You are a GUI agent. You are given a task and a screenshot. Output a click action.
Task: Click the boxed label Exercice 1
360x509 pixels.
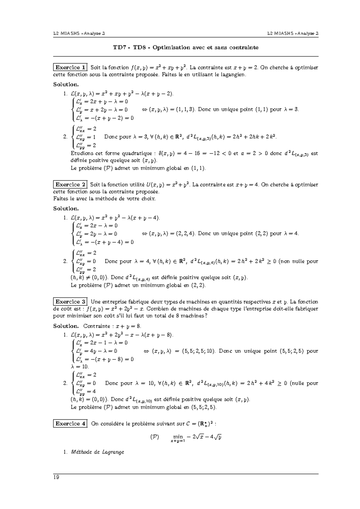coord(70,67)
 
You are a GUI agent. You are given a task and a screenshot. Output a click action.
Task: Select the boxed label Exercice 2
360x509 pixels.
coord(70,185)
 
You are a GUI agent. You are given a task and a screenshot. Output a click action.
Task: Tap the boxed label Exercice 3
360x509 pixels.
coord(70,302)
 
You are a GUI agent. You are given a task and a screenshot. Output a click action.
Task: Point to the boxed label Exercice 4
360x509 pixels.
coord(70,424)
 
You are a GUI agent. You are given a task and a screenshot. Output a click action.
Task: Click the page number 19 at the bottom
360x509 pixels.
coord(56,478)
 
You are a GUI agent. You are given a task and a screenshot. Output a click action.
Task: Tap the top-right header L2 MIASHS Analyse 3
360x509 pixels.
coord(293,34)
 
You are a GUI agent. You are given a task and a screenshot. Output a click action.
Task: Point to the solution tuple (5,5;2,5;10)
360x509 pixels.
coord(198,351)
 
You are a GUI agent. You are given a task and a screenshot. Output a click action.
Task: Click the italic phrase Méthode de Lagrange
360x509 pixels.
coord(97,452)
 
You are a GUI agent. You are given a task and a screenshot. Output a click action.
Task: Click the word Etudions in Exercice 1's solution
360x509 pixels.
coord(80,153)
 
